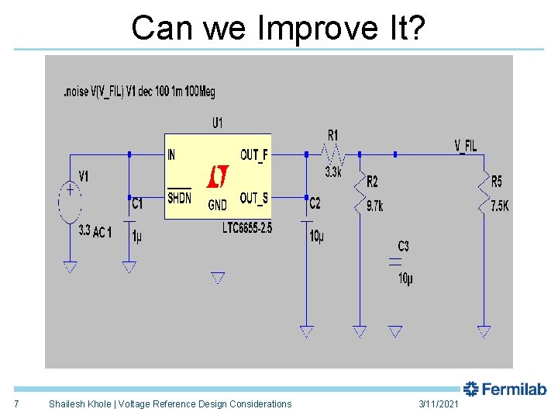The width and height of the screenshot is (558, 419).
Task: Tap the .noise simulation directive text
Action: pos(139,92)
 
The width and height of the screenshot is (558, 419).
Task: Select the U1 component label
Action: pos(218,123)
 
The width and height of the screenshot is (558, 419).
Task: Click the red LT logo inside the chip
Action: pos(217,178)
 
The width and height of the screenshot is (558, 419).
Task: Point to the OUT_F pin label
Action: pos(253,155)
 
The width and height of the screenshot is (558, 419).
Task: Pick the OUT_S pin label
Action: pos(253,199)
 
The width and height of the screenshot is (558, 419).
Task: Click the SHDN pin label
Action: pos(179,198)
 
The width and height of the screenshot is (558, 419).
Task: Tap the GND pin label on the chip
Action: pos(218,206)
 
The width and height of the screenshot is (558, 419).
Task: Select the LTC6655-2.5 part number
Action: pos(247,228)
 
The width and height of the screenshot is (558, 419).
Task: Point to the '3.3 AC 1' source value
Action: pos(95,231)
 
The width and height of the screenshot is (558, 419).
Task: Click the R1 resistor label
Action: pos(332,135)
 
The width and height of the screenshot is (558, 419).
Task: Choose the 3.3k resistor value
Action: pos(332,172)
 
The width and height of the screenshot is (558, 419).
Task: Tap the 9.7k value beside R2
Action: pos(374,206)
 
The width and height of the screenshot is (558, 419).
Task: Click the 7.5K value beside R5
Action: pos(499,206)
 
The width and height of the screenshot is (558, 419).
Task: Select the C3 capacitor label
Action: pos(403,247)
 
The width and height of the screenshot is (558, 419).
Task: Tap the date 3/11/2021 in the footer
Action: pos(439,403)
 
